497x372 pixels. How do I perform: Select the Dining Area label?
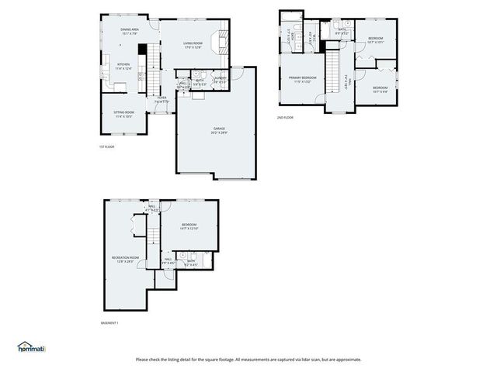click(x=129, y=31)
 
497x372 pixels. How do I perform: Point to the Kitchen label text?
click(x=123, y=66)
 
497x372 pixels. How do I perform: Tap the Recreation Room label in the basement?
click(x=124, y=259)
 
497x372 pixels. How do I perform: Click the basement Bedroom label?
click(x=190, y=226)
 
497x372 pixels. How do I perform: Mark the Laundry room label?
click(x=221, y=79)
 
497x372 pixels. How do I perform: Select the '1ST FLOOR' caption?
click(x=107, y=146)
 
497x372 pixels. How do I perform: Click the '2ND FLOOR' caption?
click(x=285, y=118)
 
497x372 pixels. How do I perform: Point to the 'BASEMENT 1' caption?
click(x=110, y=323)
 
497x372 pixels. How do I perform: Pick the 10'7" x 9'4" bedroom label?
click(x=380, y=89)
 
